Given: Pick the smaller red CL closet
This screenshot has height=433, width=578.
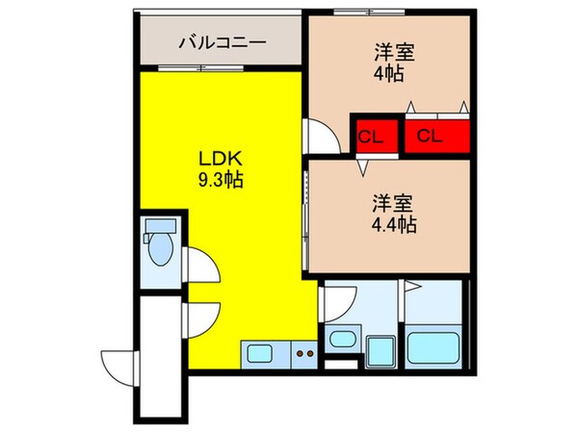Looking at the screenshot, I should (x=371, y=134).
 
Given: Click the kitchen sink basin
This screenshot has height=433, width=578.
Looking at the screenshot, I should (x=261, y=353).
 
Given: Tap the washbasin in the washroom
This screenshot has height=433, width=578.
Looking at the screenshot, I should (x=341, y=338).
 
